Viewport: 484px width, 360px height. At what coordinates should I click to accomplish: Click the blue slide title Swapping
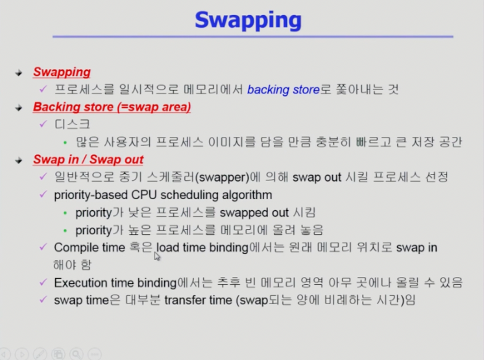click(x=248, y=21)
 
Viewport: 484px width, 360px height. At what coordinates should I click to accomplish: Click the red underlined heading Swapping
click(x=62, y=72)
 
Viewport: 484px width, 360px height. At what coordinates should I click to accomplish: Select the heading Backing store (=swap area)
click(x=112, y=107)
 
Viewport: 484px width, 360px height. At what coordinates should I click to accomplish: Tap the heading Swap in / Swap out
click(x=88, y=160)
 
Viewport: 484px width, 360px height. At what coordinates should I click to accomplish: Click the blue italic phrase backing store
click(x=284, y=90)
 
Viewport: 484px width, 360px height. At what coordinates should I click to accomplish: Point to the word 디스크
click(x=72, y=125)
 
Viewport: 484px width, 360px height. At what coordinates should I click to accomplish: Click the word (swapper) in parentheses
click(x=223, y=177)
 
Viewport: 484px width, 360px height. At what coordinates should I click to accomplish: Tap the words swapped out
click(x=254, y=213)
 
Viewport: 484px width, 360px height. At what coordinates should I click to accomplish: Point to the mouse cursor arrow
click(x=157, y=256)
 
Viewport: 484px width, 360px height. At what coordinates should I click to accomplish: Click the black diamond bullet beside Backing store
click(x=19, y=108)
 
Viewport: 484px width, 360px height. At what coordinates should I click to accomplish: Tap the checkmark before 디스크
click(x=43, y=124)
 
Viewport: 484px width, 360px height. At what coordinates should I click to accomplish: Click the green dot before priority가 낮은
click(x=65, y=213)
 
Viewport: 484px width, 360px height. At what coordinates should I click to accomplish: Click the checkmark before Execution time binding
click(x=43, y=282)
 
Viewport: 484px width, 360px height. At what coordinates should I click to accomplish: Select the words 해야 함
click(x=72, y=265)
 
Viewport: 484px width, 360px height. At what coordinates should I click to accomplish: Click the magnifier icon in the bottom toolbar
click(x=77, y=354)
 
